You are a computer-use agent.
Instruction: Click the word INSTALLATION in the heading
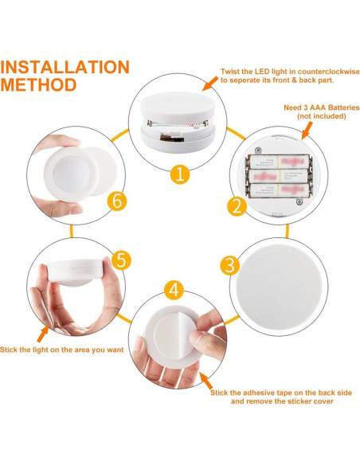(x=65, y=67)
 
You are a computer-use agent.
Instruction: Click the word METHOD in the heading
(x=38, y=85)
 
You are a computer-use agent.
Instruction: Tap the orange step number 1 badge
(x=180, y=174)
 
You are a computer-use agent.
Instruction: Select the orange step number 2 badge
(x=237, y=206)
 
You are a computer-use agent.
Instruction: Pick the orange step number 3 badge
(x=229, y=265)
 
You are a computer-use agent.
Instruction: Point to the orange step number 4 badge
(x=174, y=290)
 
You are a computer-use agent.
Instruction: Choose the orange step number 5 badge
(x=121, y=260)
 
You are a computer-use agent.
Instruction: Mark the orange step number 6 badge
(x=117, y=201)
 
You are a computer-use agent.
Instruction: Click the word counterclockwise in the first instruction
(x=329, y=72)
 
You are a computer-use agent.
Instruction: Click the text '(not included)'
(x=322, y=116)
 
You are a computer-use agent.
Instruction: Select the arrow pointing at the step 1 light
(x=210, y=84)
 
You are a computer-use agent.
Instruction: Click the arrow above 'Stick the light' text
(x=43, y=334)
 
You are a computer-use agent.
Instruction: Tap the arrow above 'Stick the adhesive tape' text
(x=205, y=381)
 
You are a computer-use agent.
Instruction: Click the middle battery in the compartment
(x=279, y=176)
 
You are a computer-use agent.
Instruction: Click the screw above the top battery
(x=259, y=150)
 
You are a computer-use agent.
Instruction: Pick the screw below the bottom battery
(x=299, y=202)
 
